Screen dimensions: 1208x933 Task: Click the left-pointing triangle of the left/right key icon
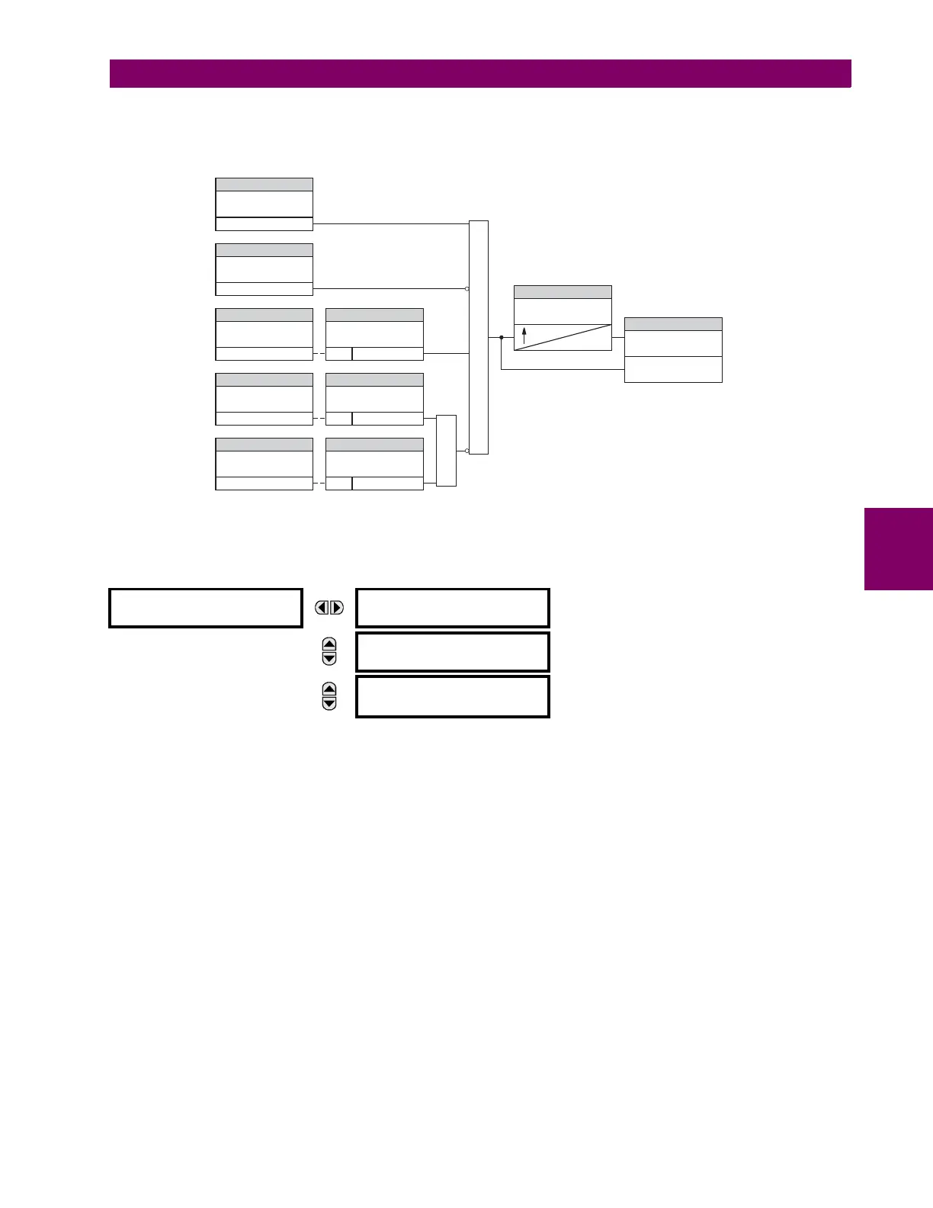tap(323, 608)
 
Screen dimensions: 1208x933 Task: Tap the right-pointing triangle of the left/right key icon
tap(336, 608)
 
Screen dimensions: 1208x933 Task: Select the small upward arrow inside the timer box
tap(524, 334)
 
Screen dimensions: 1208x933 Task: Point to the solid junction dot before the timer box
tap(501, 337)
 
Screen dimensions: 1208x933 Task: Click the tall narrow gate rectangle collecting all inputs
tap(479, 337)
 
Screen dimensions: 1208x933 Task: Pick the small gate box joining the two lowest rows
tap(446, 451)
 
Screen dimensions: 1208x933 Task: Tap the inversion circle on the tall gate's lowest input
tap(467, 451)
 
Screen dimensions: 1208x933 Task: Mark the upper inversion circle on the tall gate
tap(467, 289)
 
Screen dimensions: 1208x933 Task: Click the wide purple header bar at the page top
tap(480, 74)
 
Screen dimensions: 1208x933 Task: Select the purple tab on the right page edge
tap(899, 549)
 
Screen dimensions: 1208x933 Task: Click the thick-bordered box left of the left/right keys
tap(206, 608)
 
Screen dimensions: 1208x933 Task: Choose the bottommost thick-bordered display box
tap(453, 696)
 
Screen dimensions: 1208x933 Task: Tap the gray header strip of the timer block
tap(563, 292)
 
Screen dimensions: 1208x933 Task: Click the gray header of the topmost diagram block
tap(265, 185)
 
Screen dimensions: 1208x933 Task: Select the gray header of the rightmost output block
tap(673, 324)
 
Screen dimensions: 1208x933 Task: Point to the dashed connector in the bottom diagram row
tap(319, 484)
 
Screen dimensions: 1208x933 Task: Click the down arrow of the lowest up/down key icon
tap(329, 703)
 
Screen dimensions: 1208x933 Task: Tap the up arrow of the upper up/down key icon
tap(329, 644)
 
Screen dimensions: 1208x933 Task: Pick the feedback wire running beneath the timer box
tap(563, 370)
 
